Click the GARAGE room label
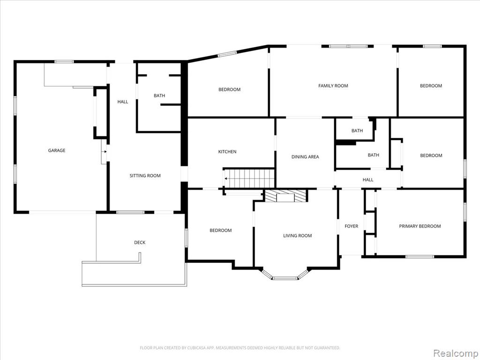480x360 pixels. click(x=57, y=150)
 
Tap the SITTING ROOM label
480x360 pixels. click(x=145, y=176)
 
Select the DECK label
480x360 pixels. click(x=140, y=242)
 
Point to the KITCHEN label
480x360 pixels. click(x=227, y=151)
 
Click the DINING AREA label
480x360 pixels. click(x=305, y=157)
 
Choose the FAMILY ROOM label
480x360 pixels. click(x=333, y=86)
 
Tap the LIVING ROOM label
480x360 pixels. click(x=298, y=236)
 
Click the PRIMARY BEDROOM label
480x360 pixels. click(x=420, y=226)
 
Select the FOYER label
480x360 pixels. click(x=352, y=226)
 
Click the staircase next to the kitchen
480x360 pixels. click(x=249, y=178)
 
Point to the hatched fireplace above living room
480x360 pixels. click(x=285, y=196)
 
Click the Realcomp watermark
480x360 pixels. click(x=456, y=353)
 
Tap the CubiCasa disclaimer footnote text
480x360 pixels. click(x=240, y=348)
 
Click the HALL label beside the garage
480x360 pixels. click(x=123, y=102)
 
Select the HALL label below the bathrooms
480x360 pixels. click(x=368, y=180)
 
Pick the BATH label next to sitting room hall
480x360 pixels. click(x=159, y=96)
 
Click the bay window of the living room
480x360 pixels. click(x=285, y=278)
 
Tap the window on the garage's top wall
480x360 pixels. click(x=64, y=61)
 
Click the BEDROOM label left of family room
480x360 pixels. click(x=229, y=90)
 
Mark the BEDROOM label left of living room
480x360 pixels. click(x=220, y=230)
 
